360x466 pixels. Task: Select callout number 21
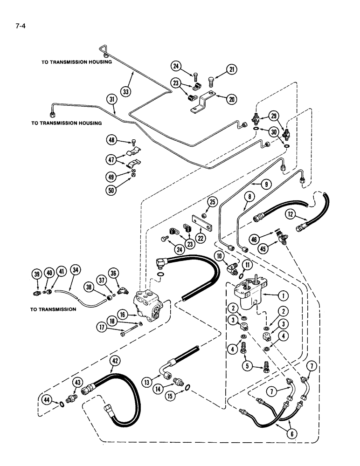pos(231,70)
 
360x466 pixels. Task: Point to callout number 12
pos(291,215)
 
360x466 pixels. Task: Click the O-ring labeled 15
pos(187,387)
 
